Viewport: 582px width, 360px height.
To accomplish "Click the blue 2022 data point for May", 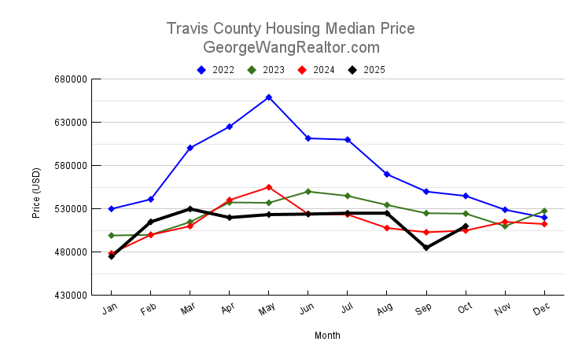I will tap(269, 97).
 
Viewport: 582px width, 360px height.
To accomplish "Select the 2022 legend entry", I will tap(216, 70).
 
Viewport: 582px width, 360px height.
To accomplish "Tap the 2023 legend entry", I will tap(267, 70).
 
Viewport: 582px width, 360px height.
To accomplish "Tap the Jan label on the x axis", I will tap(111, 310).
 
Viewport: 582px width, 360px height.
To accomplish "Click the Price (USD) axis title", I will tap(36, 193).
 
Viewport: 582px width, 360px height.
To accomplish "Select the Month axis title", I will tap(327, 336).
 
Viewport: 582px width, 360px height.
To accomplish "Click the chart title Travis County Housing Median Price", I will tap(291, 29).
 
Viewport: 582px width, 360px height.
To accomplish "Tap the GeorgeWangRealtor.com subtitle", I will tap(291, 47).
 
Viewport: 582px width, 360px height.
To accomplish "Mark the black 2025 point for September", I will tap(426, 248).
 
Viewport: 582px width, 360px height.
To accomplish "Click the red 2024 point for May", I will tap(269, 187).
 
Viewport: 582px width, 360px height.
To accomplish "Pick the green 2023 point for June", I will tap(308, 192).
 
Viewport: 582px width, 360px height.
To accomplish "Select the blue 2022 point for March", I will tap(190, 148).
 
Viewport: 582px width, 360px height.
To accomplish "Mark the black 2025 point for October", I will tap(466, 226).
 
